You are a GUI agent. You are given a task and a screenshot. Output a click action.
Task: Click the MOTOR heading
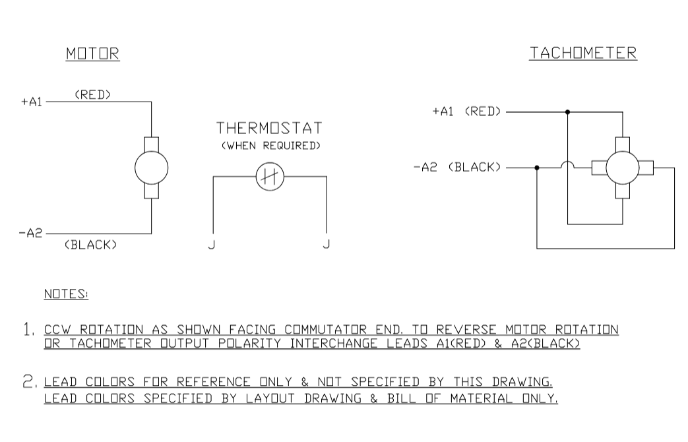click(x=92, y=54)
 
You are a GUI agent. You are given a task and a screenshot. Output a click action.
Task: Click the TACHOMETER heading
click(x=583, y=53)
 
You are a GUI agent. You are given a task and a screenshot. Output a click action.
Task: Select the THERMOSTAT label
click(x=270, y=127)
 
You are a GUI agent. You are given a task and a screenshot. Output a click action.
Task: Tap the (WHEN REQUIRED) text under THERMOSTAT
click(x=270, y=145)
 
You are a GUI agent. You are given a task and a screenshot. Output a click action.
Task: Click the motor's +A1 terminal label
click(x=31, y=102)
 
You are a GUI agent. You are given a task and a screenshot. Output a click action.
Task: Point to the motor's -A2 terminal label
click(x=32, y=233)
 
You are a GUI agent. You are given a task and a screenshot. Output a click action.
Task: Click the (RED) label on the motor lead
click(x=92, y=94)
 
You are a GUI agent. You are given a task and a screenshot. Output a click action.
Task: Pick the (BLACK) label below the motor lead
click(x=91, y=245)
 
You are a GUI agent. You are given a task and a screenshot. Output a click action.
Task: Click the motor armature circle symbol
click(x=152, y=168)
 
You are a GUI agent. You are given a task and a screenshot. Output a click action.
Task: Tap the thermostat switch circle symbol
click(x=269, y=176)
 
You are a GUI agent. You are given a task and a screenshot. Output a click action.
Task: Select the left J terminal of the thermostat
click(x=212, y=244)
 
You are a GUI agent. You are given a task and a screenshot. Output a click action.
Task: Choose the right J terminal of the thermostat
click(x=327, y=244)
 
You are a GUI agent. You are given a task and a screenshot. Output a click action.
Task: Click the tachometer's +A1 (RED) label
click(x=466, y=111)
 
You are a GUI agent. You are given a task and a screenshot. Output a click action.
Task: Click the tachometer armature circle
click(x=622, y=168)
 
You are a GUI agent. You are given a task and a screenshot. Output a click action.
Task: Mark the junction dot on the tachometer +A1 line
click(x=567, y=112)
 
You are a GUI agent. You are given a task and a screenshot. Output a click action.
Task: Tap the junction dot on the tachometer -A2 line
click(x=537, y=168)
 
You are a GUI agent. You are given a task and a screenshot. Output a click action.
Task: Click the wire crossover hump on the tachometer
click(x=567, y=165)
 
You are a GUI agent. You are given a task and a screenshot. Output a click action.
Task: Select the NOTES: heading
click(x=66, y=294)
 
